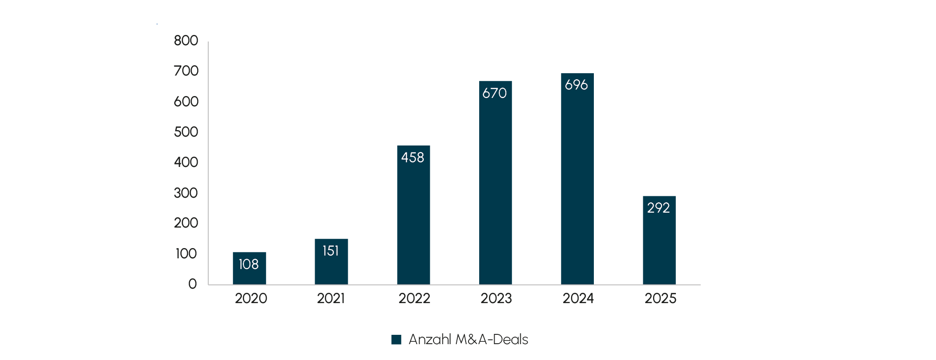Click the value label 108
click(x=248, y=264)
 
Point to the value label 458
click(x=413, y=158)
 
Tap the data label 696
click(x=577, y=85)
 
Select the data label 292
click(x=659, y=208)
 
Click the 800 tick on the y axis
click(x=186, y=41)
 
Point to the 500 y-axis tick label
click(x=186, y=132)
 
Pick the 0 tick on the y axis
click(x=193, y=284)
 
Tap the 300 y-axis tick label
click(x=186, y=193)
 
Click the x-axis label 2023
click(x=496, y=298)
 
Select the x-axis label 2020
click(x=251, y=298)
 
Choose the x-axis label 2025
click(x=660, y=298)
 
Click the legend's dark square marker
click(x=396, y=339)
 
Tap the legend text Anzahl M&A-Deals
click(x=468, y=339)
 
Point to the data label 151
click(x=330, y=251)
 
